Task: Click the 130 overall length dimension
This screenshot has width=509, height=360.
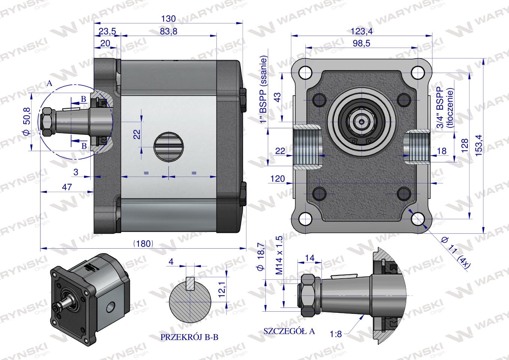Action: [x=168, y=19]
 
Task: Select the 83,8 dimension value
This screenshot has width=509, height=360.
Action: [x=168, y=31]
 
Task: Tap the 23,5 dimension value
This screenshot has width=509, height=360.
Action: [x=107, y=31]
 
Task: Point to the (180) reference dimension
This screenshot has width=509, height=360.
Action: [x=143, y=244]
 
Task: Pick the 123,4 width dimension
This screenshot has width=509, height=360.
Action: [x=362, y=31]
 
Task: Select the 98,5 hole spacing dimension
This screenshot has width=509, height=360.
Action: [x=361, y=43]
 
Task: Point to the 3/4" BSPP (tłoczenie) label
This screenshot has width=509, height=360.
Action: [x=445, y=108]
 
